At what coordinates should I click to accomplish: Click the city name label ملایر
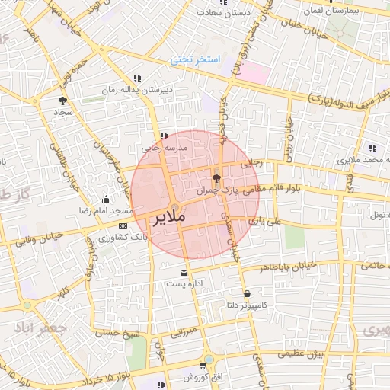168,219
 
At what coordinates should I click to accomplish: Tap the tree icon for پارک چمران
217,178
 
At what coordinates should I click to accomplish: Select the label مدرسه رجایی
159,149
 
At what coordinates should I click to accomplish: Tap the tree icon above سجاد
62,100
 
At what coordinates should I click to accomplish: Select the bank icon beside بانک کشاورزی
123,226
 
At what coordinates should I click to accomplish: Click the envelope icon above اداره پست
183,272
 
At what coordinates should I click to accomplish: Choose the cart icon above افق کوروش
204,365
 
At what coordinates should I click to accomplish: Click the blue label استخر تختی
194,59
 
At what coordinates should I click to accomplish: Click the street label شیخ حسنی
117,333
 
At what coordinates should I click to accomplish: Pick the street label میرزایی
183,332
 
